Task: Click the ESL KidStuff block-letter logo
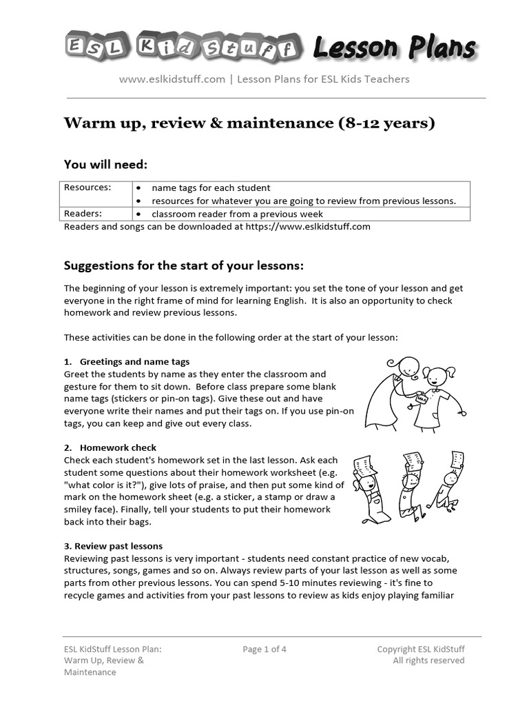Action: click(184, 48)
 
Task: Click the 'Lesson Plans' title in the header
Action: click(394, 48)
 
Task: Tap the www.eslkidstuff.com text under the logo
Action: click(172, 79)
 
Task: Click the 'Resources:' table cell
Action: click(87, 188)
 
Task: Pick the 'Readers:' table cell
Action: click(83, 214)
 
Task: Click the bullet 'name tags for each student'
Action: click(210, 188)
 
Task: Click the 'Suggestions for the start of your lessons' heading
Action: click(183, 266)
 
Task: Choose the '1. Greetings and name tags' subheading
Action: click(127, 361)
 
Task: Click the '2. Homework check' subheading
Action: click(110, 447)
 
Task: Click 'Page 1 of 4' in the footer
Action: click(264, 649)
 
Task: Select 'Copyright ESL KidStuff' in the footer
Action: click(421, 649)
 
